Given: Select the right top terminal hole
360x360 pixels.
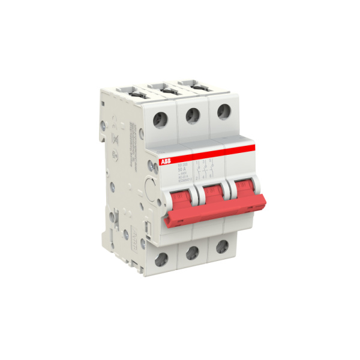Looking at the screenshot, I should pyautogui.click(x=223, y=110).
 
